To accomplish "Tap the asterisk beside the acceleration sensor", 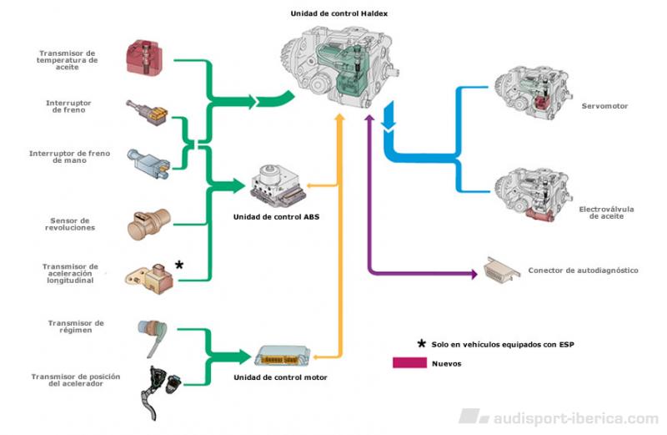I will coord(178,266).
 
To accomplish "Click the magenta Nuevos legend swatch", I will coord(409,363).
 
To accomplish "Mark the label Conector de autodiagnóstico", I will coord(583,271).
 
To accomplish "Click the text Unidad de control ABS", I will coord(277,216).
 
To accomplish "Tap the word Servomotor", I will coord(604,107).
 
